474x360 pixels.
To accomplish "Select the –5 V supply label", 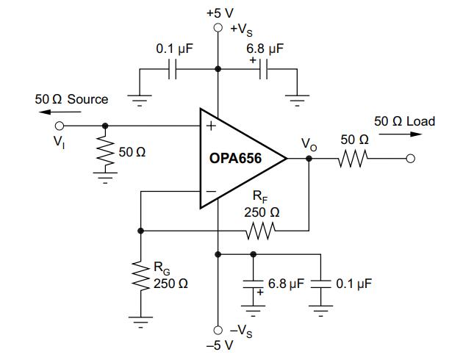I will [218, 345].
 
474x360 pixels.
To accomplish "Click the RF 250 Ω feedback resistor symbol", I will [261, 231].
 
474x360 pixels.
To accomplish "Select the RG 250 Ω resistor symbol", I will [140, 277].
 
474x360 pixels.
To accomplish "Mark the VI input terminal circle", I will [59, 126].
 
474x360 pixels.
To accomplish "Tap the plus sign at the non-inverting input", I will [211, 126].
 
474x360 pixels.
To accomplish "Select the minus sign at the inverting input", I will [211, 192].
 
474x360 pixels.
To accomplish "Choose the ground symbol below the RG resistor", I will [140, 319].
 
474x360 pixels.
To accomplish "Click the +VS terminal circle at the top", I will [218, 27].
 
